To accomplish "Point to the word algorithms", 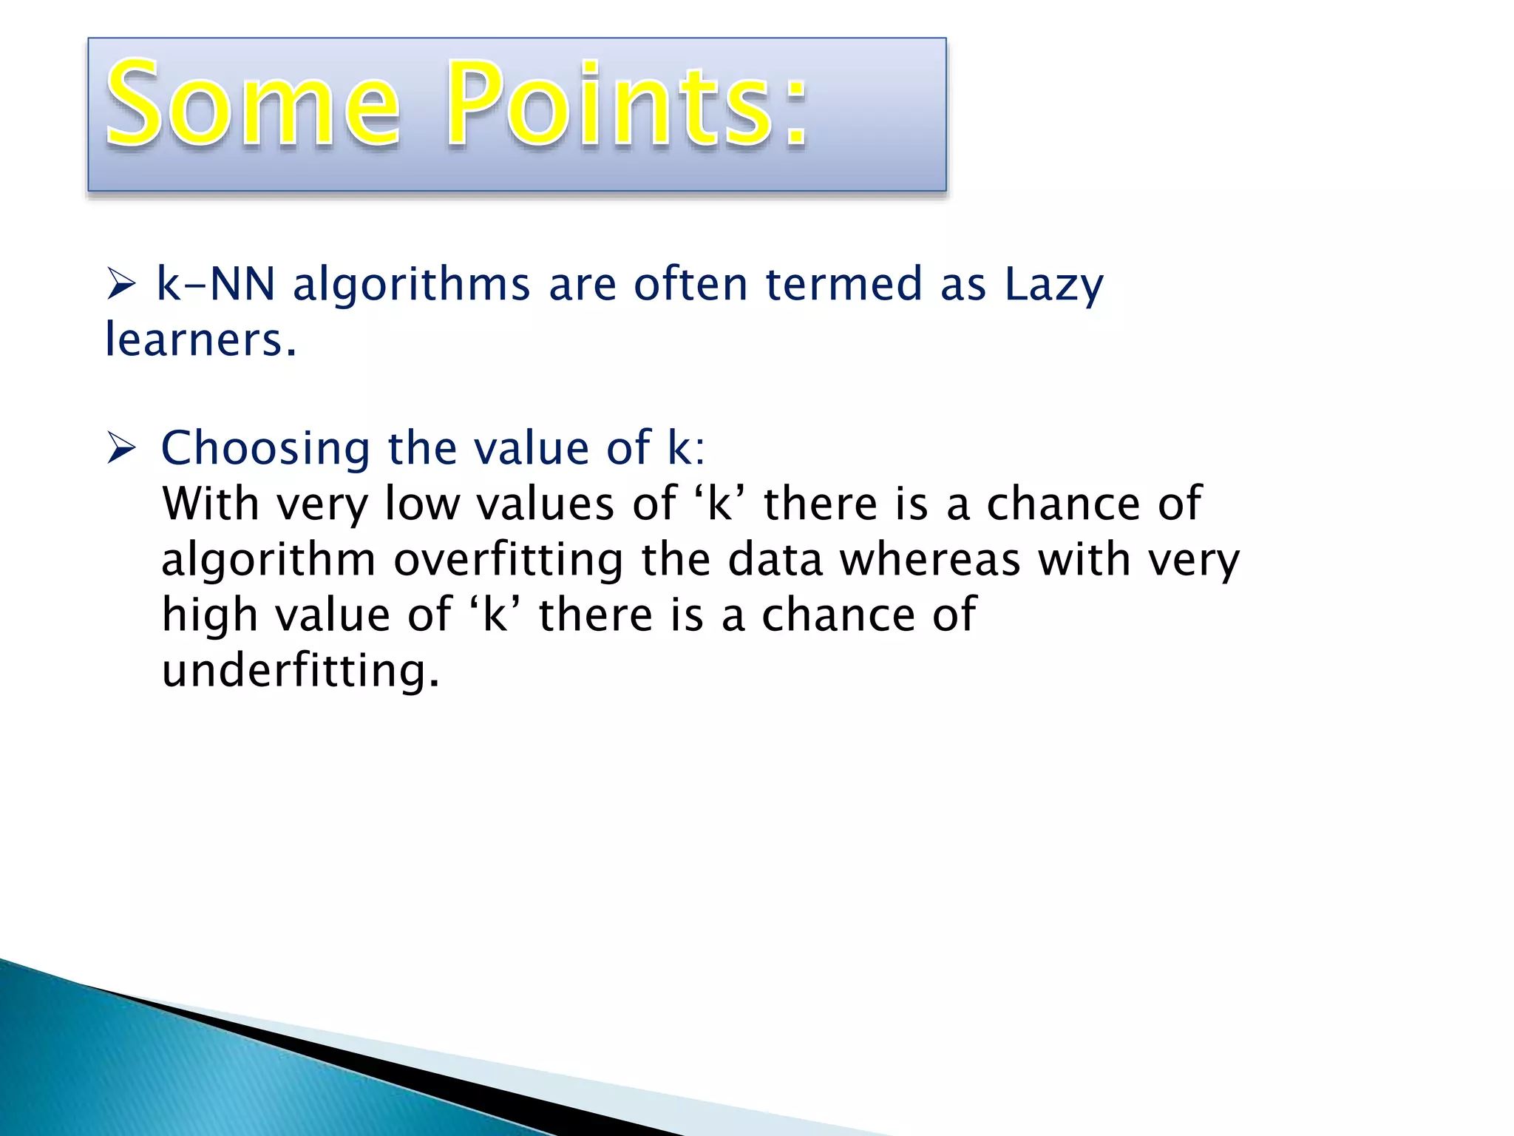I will (412, 285).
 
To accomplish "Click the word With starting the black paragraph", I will (211, 504).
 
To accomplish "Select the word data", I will (775, 560).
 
